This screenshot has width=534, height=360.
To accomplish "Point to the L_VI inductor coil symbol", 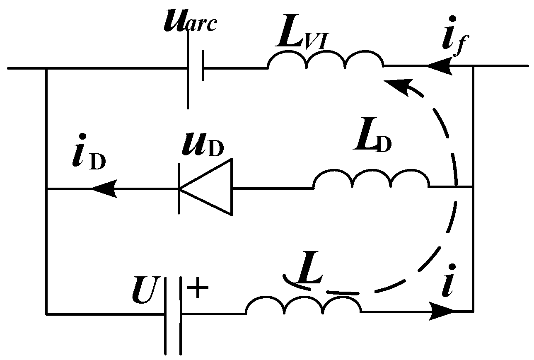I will [x=326, y=60].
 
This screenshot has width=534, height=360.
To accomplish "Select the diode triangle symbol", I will [x=205, y=188].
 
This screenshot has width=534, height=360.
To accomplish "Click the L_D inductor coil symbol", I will [x=371, y=181].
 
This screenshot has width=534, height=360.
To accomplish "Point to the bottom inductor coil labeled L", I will [x=304, y=307].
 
